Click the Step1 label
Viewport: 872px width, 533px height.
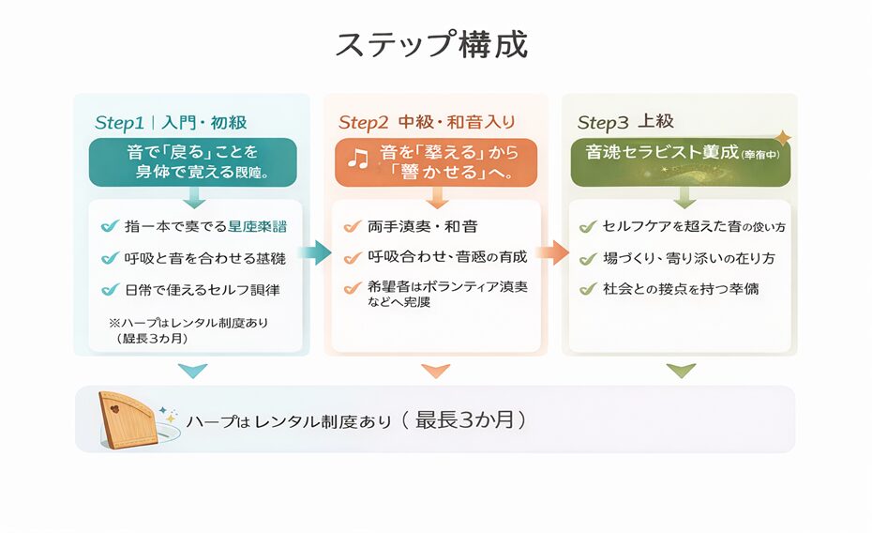pos(119,123)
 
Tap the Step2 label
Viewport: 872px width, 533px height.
pos(363,123)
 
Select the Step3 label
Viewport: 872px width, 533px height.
pos(603,123)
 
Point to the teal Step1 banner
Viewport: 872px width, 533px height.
pos(192,161)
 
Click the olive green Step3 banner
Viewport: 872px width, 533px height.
pos(681,161)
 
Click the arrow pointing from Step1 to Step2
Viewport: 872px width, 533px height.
pos(315,251)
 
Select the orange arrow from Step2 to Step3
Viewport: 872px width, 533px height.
pos(554,251)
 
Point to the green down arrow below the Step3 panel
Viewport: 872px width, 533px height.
pos(682,371)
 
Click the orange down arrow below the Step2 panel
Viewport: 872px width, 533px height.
pos(435,371)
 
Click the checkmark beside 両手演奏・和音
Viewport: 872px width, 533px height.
pos(352,226)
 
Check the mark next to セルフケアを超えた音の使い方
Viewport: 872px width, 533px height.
pos(588,226)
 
